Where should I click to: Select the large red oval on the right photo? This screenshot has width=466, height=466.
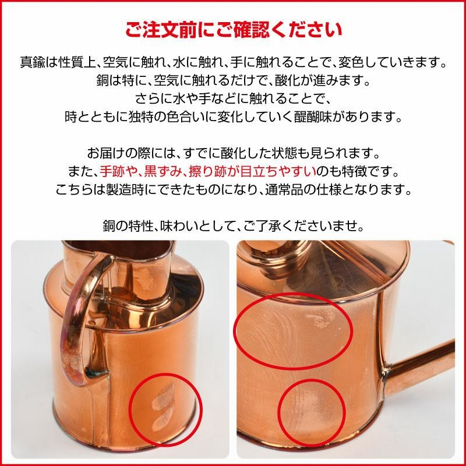tap(292, 329)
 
